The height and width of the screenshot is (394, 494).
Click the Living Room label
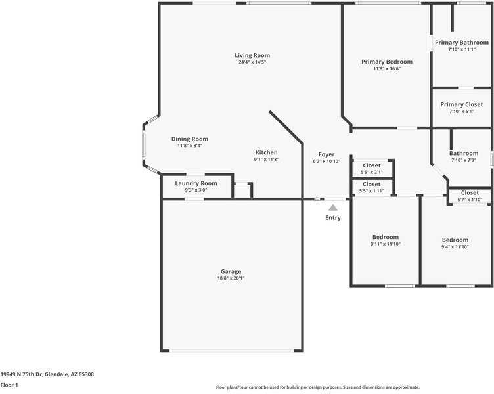pos(252,55)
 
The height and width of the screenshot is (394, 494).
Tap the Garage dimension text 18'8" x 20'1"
pos(231,278)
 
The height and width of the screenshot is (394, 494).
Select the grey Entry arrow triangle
pos(333,208)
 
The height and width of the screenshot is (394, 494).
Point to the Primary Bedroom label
pos(387,62)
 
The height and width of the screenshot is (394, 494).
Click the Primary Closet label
pos(461,104)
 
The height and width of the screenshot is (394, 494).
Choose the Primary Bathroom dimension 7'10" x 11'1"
pos(461,49)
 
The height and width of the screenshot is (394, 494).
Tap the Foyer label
pos(326,154)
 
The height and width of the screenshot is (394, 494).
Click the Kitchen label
pos(266,152)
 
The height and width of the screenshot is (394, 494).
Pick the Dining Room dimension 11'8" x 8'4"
pos(189,146)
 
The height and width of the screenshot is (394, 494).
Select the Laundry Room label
pos(196,183)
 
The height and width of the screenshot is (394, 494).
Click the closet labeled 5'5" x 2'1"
pos(372,169)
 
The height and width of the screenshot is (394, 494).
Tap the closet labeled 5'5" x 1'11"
pos(372,187)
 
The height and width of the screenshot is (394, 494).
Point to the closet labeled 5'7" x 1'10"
pos(470,196)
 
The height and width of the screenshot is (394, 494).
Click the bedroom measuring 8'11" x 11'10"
pos(385,240)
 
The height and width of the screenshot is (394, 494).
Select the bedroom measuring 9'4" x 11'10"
pos(455,243)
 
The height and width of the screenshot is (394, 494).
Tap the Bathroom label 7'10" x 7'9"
pos(463,156)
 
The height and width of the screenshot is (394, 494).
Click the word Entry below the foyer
pos(333,218)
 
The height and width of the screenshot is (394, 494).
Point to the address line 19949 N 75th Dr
pos(47,374)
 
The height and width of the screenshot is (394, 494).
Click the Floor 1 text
pos(9,385)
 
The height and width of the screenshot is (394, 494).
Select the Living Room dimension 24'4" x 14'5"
pos(252,62)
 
